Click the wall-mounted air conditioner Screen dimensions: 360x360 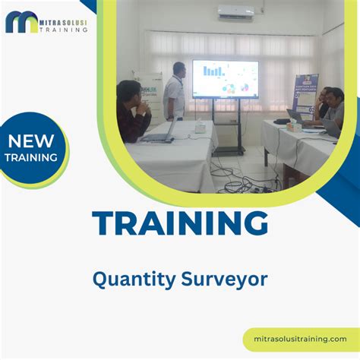pos(235,13)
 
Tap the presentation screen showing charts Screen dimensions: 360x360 pos(225,79)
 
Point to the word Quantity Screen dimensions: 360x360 pos(131,279)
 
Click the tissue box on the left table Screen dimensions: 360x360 pos(201,127)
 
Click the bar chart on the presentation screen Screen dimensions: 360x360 pos(213,71)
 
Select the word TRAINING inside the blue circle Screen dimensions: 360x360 pos(31,157)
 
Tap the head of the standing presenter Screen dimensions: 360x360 pos(178,68)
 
